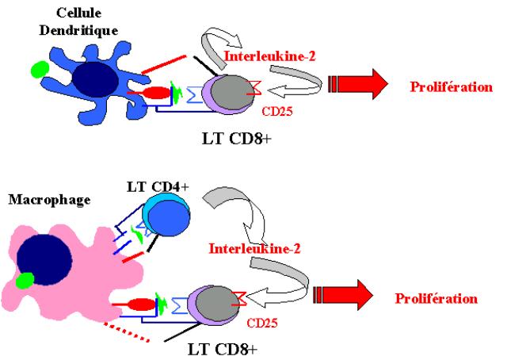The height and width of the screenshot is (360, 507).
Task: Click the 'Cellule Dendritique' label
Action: point(78,21)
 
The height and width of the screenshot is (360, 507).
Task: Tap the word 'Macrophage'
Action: point(49,200)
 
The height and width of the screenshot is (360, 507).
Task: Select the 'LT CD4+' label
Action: point(158,187)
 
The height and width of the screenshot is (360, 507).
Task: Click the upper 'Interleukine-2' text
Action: point(269,56)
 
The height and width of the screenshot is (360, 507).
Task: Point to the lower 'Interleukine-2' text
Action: point(255,249)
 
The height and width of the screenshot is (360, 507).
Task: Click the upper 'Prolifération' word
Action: point(452,86)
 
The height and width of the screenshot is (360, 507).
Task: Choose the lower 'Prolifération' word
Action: point(436,298)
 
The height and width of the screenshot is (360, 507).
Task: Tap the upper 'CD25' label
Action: point(277,111)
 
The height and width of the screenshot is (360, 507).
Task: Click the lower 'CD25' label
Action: point(262,323)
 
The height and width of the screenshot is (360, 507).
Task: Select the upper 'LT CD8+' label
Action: point(237,139)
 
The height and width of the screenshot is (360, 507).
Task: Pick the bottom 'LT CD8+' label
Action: point(223,350)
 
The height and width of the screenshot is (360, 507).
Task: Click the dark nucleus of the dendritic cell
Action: point(95,79)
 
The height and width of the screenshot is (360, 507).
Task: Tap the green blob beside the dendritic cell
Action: point(40,70)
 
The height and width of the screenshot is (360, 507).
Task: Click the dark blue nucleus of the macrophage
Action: point(44,260)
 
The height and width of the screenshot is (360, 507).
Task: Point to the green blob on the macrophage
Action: point(25,281)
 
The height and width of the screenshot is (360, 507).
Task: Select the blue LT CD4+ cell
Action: point(166,215)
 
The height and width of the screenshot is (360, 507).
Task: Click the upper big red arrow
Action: point(357,84)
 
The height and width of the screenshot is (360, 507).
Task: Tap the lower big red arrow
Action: point(343,295)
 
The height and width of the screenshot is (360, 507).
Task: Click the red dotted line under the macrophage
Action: point(127,331)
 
